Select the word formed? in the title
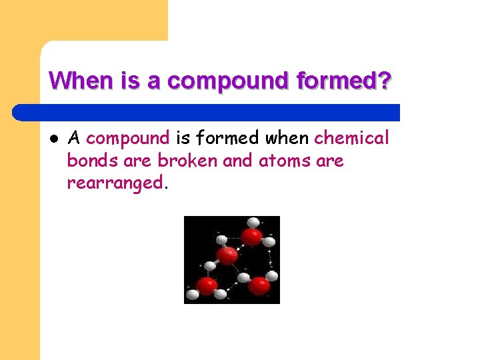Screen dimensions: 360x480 click(x=348, y=81)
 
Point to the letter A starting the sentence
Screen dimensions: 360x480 click(x=74, y=138)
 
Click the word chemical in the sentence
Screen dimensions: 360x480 click(x=351, y=138)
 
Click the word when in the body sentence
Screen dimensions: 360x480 click(x=287, y=138)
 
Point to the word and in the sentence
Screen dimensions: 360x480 click(x=238, y=161)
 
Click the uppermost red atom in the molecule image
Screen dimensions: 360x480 click(x=251, y=237)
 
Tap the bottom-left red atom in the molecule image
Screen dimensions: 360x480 click(x=207, y=286)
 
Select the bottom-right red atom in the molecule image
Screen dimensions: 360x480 click(x=259, y=285)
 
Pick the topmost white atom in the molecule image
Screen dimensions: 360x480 click(x=253, y=223)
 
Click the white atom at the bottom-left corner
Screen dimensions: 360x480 click(x=192, y=294)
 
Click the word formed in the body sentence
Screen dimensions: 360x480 click(x=228, y=138)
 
